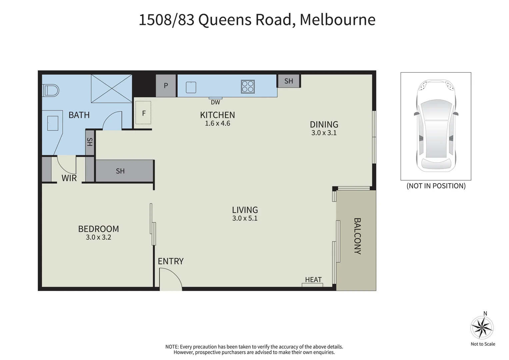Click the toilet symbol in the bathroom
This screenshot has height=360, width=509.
coord(51,90)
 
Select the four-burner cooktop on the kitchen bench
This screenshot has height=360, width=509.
coord(248,87)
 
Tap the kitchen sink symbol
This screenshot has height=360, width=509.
coord(191,87)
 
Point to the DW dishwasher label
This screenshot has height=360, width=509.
coord(215,102)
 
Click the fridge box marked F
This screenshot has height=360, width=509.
coord(143,113)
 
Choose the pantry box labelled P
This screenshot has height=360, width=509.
coord(166,86)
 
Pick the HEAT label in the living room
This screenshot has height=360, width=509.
coord(313,280)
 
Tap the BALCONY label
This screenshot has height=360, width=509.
coord(357,236)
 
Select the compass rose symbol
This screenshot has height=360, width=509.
coord(482,328)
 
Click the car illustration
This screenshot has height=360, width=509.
coord(436,126)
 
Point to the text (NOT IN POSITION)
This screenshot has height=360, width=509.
coord(436,186)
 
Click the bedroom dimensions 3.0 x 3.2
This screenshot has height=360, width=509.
coord(98,237)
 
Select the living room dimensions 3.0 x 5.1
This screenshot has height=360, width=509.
coord(245,218)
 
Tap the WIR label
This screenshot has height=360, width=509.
coord(69,178)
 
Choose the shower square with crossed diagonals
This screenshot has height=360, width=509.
coord(111,88)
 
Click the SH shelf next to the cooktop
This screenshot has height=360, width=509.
coord(289,81)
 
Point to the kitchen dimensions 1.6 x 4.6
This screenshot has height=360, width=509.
coord(217,123)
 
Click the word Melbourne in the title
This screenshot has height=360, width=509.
coord(337,20)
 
